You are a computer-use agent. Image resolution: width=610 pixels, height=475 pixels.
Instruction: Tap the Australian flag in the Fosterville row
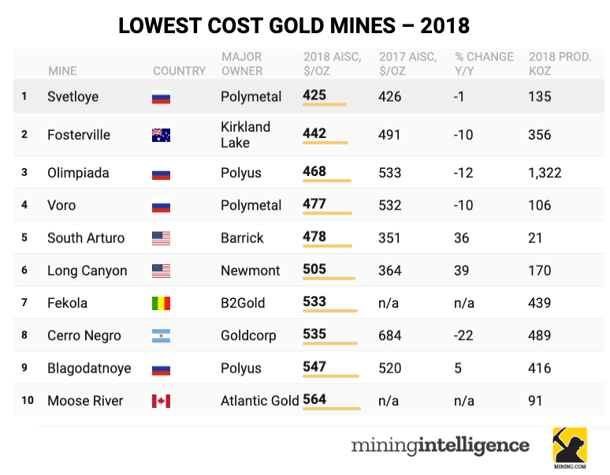[161, 135]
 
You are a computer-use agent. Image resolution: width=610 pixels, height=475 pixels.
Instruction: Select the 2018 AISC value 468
[314, 171]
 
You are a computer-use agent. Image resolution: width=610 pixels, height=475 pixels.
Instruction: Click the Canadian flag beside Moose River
[161, 402]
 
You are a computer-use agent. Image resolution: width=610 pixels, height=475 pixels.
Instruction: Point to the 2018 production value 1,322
[545, 173]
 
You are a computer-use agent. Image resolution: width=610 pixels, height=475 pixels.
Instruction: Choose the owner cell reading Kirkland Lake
[245, 135]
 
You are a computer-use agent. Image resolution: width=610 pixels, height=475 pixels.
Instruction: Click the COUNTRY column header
[179, 71]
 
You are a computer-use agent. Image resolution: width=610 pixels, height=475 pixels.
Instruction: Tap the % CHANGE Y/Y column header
[484, 64]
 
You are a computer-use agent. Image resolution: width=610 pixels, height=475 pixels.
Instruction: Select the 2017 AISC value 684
[390, 335]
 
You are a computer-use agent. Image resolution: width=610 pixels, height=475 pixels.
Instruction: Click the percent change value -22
[463, 335]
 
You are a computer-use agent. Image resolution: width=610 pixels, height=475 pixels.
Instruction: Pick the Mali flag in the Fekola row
[161, 304]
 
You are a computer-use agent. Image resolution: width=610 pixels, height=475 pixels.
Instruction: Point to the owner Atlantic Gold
[259, 401]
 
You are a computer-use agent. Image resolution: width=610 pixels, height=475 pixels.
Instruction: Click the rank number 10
[28, 401]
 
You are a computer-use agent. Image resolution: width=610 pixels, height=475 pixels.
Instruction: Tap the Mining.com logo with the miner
[569, 447]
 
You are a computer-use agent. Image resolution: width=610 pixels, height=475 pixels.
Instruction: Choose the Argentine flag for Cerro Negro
[161, 336]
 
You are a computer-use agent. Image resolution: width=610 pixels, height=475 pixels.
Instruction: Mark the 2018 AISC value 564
[314, 399]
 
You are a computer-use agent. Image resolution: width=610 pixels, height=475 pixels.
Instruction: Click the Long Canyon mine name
[87, 271]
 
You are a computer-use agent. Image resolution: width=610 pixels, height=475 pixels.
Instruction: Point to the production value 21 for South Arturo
[536, 237]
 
